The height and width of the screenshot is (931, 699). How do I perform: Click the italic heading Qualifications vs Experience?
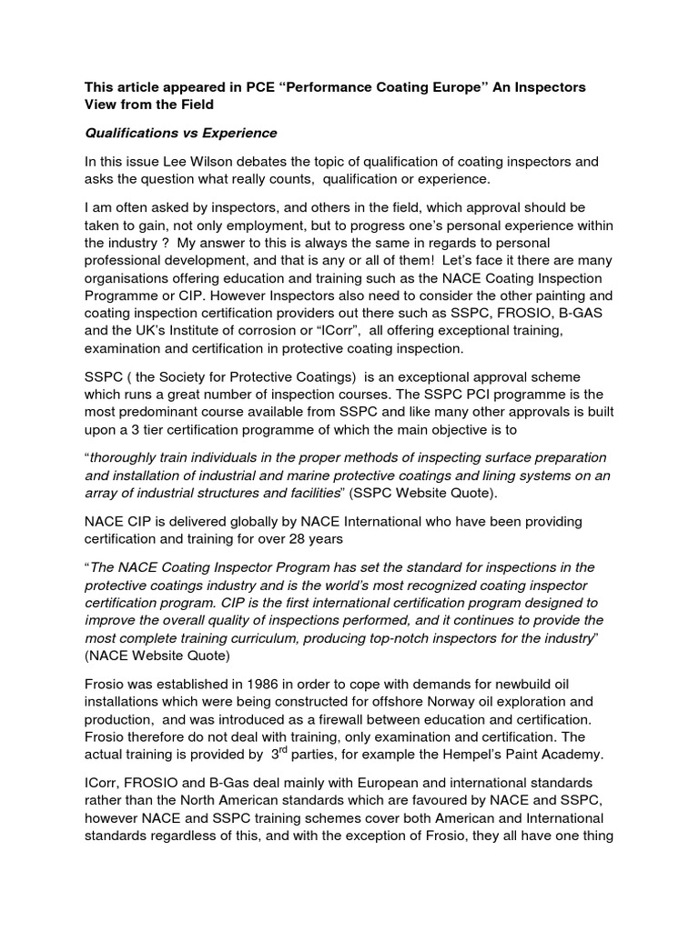pyautogui.click(x=180, y=134)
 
